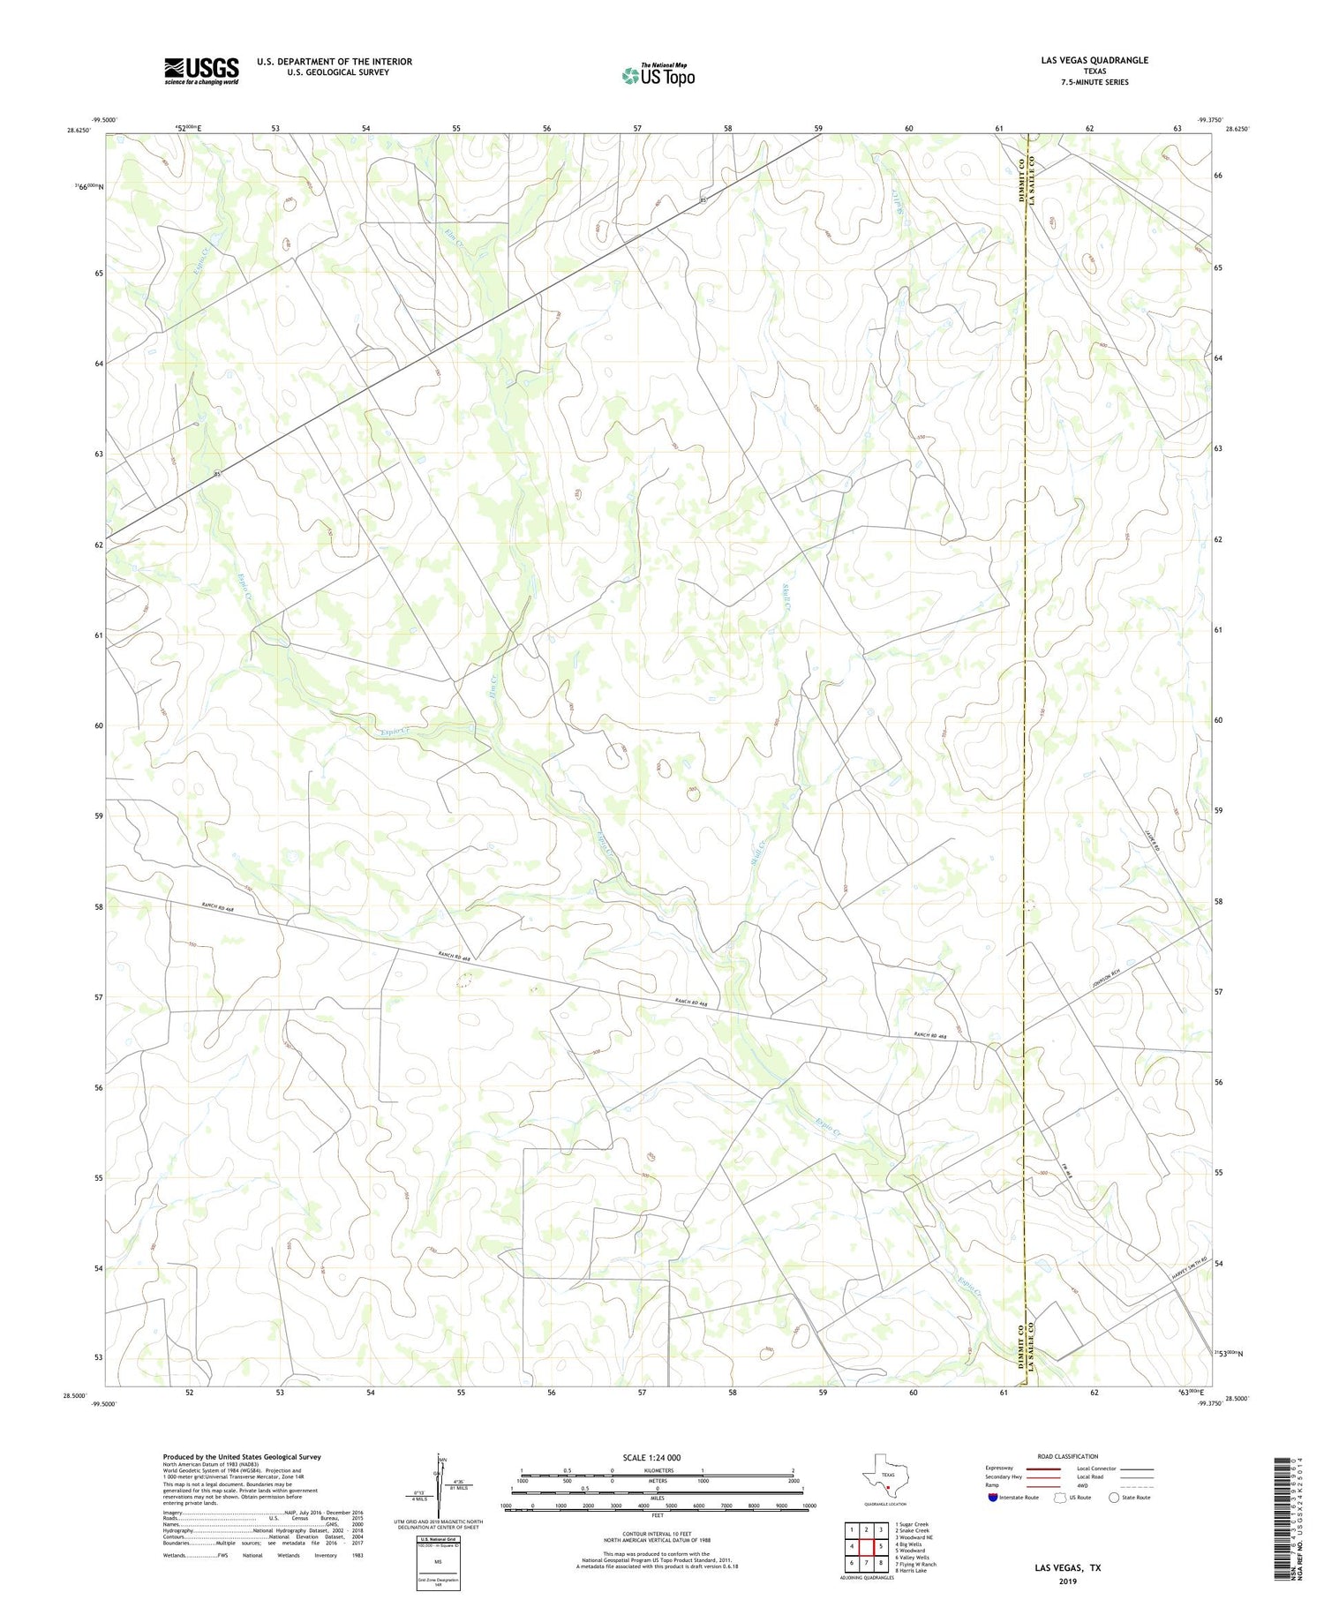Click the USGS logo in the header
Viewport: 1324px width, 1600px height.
201,71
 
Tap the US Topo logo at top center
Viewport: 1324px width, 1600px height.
658,75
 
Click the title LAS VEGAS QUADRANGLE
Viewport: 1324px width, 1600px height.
1094,60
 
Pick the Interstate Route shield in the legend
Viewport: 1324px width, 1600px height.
993,1497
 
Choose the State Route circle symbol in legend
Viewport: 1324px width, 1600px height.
1115,1497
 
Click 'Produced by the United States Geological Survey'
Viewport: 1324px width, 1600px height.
241,1457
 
